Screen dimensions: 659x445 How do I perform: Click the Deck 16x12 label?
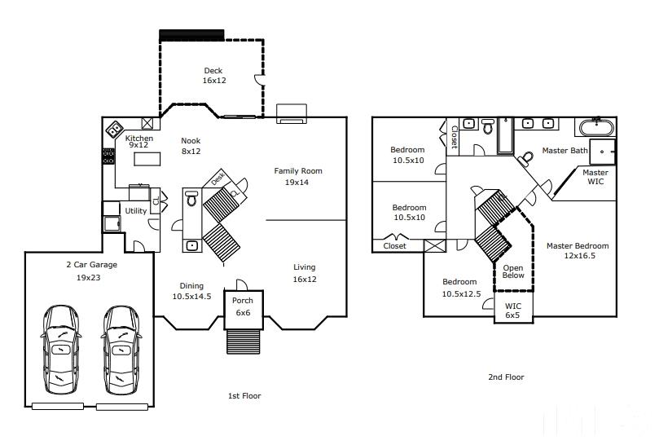point(214,76)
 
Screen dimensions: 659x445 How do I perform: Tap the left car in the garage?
point(61,350)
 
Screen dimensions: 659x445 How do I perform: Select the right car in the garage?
point(121,350)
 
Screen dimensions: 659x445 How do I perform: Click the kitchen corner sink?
point(114,129)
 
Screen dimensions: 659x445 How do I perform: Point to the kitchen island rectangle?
point(147,159)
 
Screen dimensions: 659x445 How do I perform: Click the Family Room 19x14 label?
point(298,177)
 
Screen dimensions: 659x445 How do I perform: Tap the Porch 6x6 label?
point(243,306)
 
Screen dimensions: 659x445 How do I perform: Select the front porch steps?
point(244,341)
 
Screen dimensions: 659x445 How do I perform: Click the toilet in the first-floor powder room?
point(191,198)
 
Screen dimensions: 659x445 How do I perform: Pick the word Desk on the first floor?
point(217,178)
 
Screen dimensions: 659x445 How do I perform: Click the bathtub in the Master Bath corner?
point(597,127)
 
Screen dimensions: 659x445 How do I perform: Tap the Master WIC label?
point(595,177)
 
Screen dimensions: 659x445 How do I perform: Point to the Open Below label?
point(513,271)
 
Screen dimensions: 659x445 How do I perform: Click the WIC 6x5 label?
point(512,311)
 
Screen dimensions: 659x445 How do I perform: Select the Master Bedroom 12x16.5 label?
point(578,251)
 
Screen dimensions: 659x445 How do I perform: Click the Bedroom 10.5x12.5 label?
point(461,289)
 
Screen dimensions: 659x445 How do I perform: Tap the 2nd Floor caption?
point(506,377)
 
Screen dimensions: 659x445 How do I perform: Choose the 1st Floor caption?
point(244,396)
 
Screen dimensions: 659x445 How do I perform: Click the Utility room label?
point(136,211)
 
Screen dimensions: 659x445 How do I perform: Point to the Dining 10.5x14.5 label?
point(191,291)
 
